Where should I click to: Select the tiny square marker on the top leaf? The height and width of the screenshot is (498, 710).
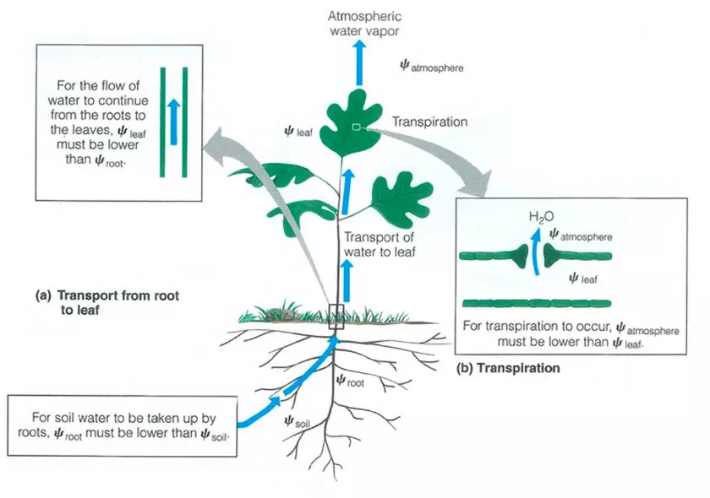(x=357, y=127)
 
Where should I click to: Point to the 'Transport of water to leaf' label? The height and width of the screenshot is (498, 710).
(x=377, y=244)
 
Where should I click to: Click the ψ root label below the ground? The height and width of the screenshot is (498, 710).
(x=350, y=381)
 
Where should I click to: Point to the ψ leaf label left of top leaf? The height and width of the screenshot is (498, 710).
(x=301, y=132)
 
